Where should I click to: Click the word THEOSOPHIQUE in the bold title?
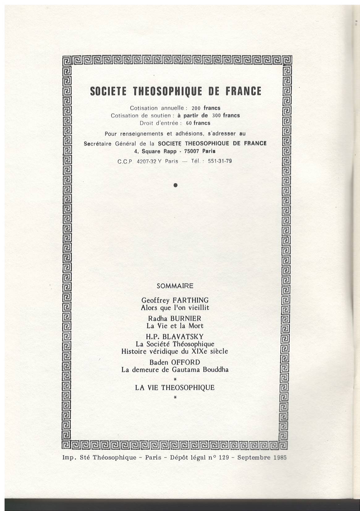(167, 91)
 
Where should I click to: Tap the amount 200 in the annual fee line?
(196, 108)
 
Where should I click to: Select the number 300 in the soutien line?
(217, 116)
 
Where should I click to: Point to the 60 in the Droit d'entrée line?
(189, 123)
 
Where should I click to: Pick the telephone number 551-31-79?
(220, 161)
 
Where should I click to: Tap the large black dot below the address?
(175, 185)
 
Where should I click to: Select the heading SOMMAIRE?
(175, 286)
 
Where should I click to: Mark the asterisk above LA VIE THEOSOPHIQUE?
(175, 379)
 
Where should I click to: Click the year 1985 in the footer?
(280, 458)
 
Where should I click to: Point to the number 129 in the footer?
(223, 458)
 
